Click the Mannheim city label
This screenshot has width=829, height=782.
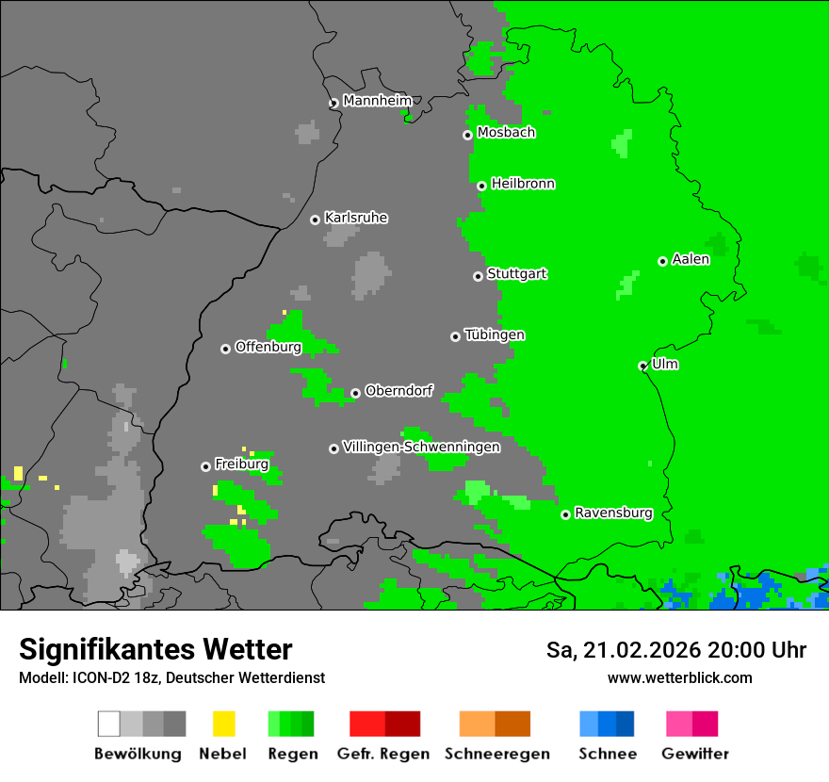(x=378, y=101)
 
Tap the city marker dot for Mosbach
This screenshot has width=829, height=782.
(x=467, y=135)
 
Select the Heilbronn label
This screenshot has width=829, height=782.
(x=523, y=184)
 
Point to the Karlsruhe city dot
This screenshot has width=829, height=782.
(x=315, y=220)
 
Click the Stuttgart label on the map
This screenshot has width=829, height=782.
(x=516, y=274)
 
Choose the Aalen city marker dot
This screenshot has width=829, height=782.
(x=662, y=261)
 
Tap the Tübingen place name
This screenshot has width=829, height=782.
(x=495, y=335)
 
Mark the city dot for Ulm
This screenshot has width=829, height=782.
(x=642, y=366)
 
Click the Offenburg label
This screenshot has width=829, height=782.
(x=268, y=347)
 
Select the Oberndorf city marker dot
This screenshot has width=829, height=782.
(x=355, y=393)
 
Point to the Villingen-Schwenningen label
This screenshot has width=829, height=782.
(x=421, y=447)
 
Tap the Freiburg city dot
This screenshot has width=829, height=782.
(x=205, y=466)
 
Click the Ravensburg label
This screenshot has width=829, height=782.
(x=613, y=513)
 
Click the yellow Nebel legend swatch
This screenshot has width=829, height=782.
(x=223, y=724)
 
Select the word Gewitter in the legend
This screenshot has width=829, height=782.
(x=695, y=754)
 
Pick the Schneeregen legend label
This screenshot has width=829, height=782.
(x=496, y=754)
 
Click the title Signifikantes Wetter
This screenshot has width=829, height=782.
(x=155, y=649)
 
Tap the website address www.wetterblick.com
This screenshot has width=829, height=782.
(x=679, y=677)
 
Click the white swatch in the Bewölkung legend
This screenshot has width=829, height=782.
(x=108, y=724)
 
